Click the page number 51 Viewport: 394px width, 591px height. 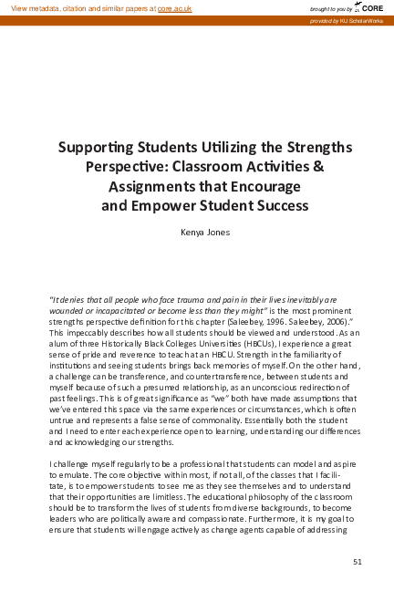(x=357, y=560)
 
